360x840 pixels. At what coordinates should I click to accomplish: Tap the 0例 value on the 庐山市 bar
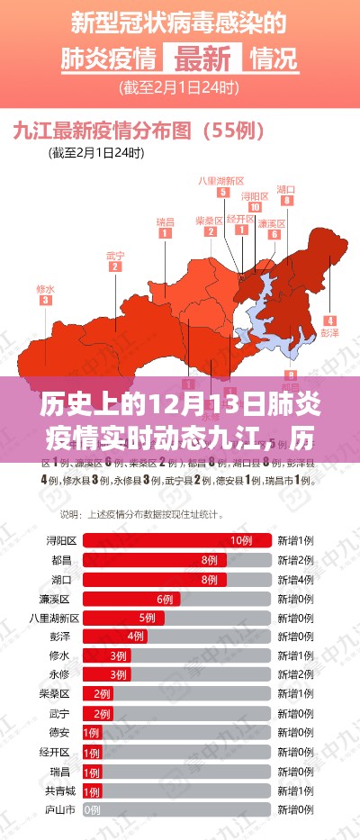[91, 810]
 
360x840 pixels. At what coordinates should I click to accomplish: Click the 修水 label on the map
[45, 289]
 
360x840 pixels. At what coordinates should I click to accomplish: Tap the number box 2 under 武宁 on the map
[115, 266]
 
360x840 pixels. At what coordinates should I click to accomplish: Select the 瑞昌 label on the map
[166, 221]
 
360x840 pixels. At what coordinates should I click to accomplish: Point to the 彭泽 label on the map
[329, 331]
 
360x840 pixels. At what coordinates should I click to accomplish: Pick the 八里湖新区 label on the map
[221, 179]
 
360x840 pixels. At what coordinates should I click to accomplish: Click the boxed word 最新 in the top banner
[202, 59]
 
